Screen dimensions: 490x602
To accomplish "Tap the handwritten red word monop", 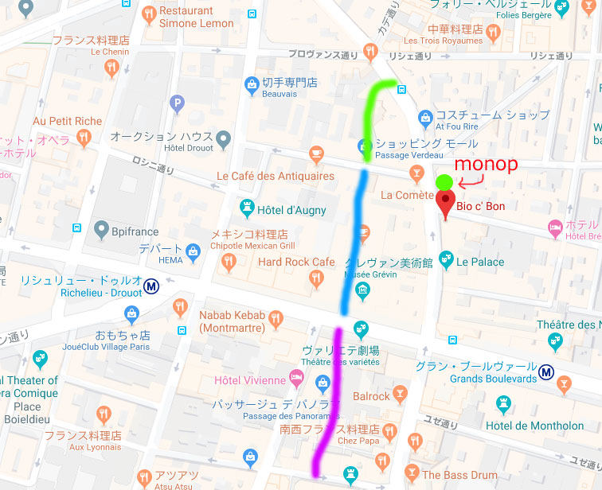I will click(x=485, y=164).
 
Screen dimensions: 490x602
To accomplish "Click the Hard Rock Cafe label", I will click(x=296, y=262).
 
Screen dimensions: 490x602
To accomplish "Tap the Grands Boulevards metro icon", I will click(x=546, y=371).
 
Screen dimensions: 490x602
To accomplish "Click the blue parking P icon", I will click(x=177, y=103).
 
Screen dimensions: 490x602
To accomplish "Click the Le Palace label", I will click(x=480, y=261).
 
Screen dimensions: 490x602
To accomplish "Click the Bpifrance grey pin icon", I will click(x=101, y=230).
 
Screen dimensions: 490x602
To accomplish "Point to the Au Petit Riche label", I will click(x=68, y=121).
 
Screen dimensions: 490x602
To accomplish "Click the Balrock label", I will click(x=372, y=395).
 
